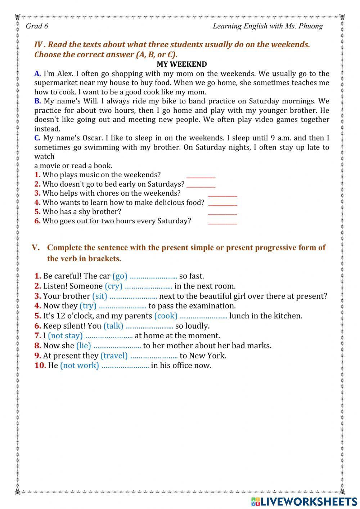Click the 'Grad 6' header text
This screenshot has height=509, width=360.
37,26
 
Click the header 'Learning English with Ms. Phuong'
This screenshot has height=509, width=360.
267,26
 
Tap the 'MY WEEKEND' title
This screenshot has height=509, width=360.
181,64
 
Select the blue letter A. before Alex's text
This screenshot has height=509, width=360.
37,73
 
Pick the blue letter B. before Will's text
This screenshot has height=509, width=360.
37,101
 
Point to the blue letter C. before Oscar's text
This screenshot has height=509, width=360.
37,138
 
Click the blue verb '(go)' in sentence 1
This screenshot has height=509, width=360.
120,276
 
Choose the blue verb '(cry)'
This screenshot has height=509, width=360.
113,286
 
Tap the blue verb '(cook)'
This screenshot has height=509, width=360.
166,316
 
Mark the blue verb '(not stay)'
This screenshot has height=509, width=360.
65,336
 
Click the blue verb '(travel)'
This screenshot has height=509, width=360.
114,356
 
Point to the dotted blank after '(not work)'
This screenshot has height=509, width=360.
125,366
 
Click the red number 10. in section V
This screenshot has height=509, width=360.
40,365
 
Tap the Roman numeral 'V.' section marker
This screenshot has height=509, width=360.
35,247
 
